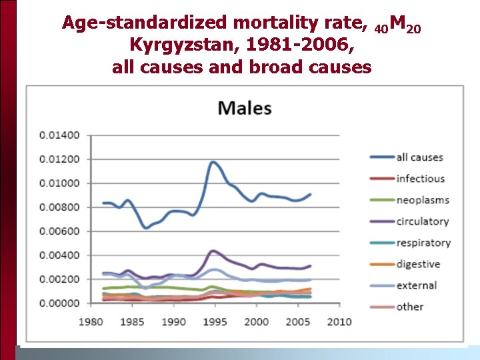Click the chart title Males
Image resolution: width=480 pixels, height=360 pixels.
click(245, 108)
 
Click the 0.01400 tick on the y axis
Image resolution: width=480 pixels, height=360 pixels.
click(59, 135)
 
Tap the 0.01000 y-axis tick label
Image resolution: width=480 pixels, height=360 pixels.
click(59, 183)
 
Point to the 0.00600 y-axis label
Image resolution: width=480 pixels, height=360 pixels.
click(59, 231)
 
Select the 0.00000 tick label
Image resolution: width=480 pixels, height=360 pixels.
click(59, 303)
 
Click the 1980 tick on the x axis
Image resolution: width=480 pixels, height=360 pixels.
click(91, 322)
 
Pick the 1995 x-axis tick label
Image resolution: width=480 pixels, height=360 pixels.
click(215, 322)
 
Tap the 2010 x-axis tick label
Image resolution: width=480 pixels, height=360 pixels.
click(339, 322)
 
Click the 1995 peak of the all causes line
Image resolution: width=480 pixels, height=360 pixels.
click(213, 161)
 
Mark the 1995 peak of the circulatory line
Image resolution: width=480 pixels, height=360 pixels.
click(213, 251)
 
